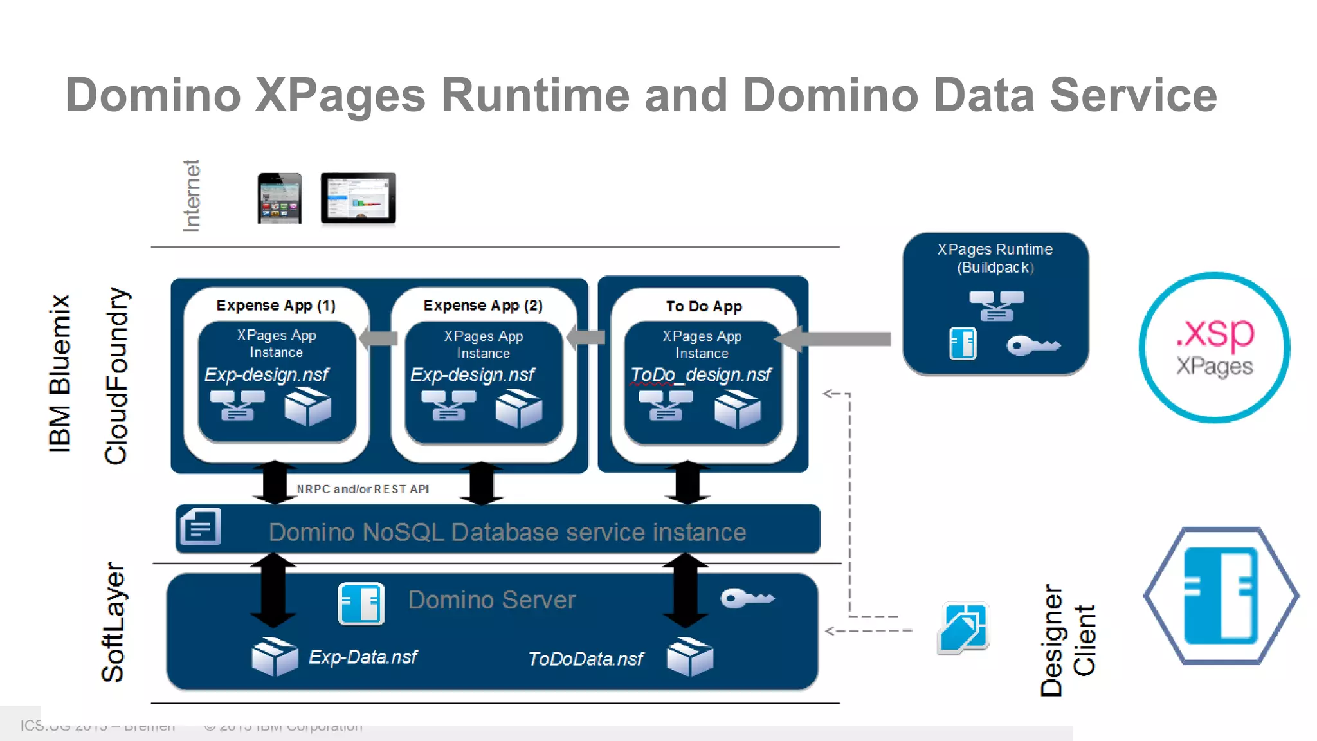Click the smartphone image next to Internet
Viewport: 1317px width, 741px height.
pyautogui.click(x=279, y=198)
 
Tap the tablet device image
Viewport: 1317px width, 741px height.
pyautogui.click(x=358, y=198)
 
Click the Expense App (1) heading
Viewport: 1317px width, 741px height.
pyautogui.click(x=276, y=306)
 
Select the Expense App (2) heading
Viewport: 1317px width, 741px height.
pyautogui.click(x=483, y=306)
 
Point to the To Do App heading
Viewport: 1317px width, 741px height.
pyautogui.click(x=704, y=307)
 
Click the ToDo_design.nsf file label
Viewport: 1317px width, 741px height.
pyautogui.click(x=700, y=375)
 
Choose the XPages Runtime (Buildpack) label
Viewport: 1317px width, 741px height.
pyautogui.click(x=995, y=258)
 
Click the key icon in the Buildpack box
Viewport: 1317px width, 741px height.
pyautogui.click(x=1032, y=346)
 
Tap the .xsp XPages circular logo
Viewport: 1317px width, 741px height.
pyautogui.click(x=1214, y=348)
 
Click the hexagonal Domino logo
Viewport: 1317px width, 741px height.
pyautogui.click(x=1221, y=596)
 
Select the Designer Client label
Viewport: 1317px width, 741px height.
pyautogui.click(x=1068, y=640)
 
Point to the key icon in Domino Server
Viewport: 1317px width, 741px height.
pyautogui.click(x=747, y=598)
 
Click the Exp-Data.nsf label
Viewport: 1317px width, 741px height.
pyautogui.click(x=363, y=657)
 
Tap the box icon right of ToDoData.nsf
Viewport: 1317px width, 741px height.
pyautogui.click(x=689, y=657)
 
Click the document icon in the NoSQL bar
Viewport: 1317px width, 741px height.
pyautogui.click(x=200, y=527)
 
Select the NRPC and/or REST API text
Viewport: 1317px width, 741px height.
pyautogui.click(x=363, y=489)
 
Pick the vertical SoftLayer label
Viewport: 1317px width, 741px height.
pyautogui.click(x=113, y=622)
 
